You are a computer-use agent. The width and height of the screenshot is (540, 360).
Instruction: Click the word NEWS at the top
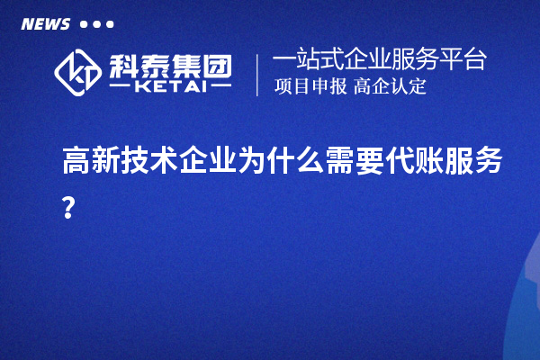pyautogui.click(x=45, y=24)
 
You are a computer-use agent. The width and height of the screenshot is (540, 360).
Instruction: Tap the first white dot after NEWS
pyautogui.click(x=85, y=24)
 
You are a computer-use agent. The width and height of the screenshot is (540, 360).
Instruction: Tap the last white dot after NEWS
pyautogui.click(x=110, y=24)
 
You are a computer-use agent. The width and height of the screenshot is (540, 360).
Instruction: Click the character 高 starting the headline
pyautogui.click(x=76, y=162)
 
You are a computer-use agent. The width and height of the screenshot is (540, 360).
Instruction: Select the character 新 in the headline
pyautogui.click(x=108, y=162)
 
